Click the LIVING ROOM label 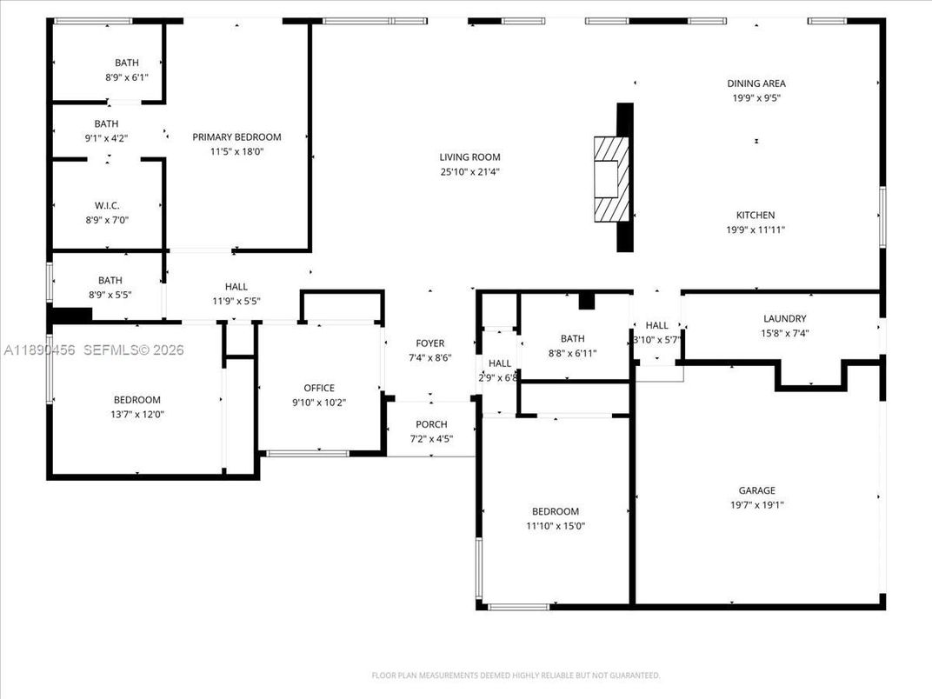pos(469,157)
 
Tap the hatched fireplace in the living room pos(611,180)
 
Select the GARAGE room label pos(756,490)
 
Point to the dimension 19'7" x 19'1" pos(756,505)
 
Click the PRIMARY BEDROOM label pos(236,136)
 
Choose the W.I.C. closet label pos(107,205)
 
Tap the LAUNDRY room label pos(784,318)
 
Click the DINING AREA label pos(756,83)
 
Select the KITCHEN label pos(756,215)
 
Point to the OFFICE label pos(318,388)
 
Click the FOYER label pos(429,343)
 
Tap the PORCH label pos(431,424)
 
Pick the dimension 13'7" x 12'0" pos(137,415)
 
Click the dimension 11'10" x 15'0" pos(556,526)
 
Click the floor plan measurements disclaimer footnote pos(516,675)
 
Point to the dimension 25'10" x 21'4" pos(469,172)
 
